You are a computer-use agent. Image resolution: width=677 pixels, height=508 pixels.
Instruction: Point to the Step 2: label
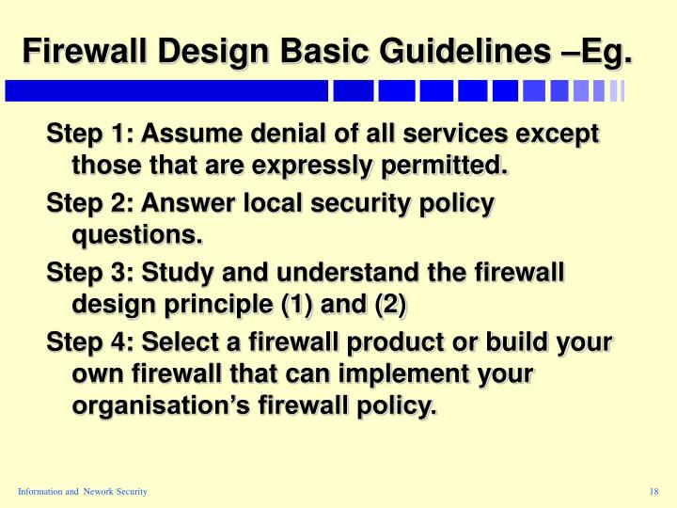click(x=89, y=203)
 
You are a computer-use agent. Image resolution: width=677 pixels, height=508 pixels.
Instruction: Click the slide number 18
click(x=654, y=493)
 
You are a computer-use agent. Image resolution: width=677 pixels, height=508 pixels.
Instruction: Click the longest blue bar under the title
click(x=166, y=91)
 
